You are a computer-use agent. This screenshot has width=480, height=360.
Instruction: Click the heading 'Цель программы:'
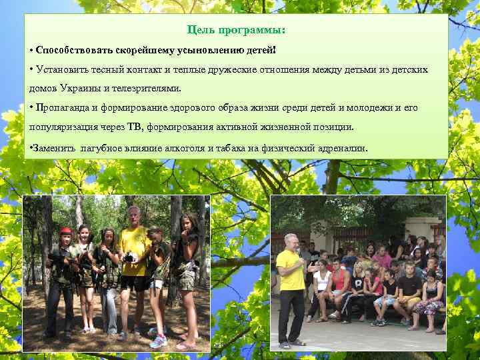coord(237,31)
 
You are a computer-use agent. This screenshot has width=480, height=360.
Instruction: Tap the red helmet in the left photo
coord(64,231)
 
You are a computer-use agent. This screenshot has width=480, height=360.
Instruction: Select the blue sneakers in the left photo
coord(157,341)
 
